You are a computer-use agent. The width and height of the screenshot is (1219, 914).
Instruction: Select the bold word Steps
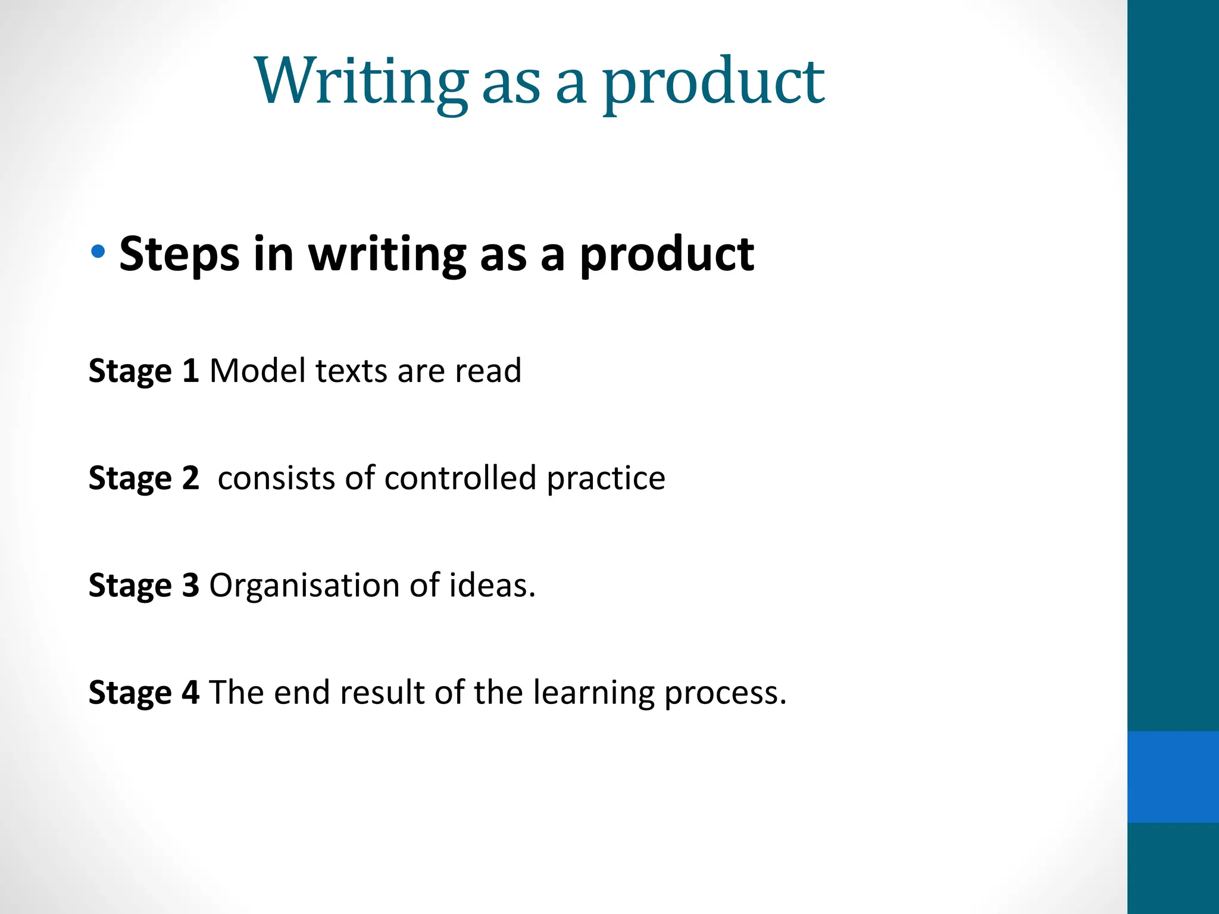pos(179,254)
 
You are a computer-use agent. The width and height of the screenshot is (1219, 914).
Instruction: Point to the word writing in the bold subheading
pos(387,254)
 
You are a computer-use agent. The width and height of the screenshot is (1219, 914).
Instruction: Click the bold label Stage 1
pos(143,371)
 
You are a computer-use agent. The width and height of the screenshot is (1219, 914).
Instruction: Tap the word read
pos(488,371)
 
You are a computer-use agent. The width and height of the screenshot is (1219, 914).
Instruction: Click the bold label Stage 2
pos(143,478)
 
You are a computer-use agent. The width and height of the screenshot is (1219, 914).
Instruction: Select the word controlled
pos(460,478)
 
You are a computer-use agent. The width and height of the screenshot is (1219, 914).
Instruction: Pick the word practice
pos(605,479)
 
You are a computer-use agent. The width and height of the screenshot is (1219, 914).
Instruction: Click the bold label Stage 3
pos(143,586)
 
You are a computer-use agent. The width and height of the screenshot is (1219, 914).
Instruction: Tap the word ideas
pos(492,585)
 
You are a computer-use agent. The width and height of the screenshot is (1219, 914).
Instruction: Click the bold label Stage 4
pos(143,693)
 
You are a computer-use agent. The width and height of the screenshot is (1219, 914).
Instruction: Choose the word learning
pos(593,693)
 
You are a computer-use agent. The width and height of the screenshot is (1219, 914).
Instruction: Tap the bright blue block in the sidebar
pos(1173,777)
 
